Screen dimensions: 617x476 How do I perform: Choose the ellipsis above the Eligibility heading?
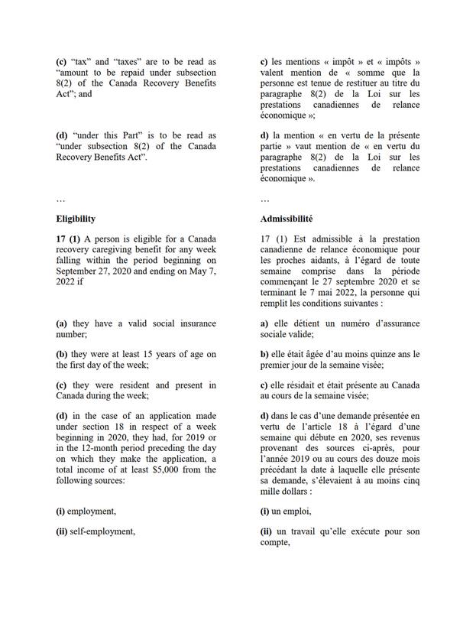(x=62, y=199)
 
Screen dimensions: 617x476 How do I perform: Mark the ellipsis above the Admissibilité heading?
(x=264, y=199)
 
